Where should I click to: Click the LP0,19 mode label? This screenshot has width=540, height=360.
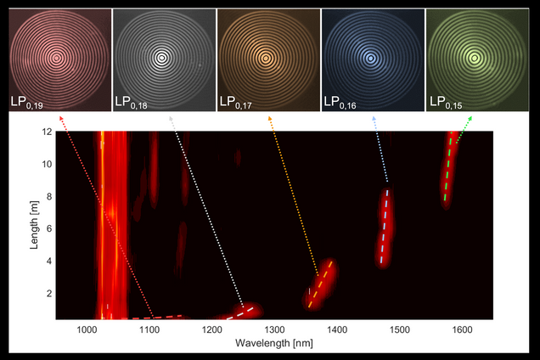point(26,102)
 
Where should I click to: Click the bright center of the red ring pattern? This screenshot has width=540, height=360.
point(56,58)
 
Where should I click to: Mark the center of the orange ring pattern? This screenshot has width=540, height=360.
point(267,58)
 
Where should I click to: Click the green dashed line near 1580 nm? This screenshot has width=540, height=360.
point(449,170)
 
